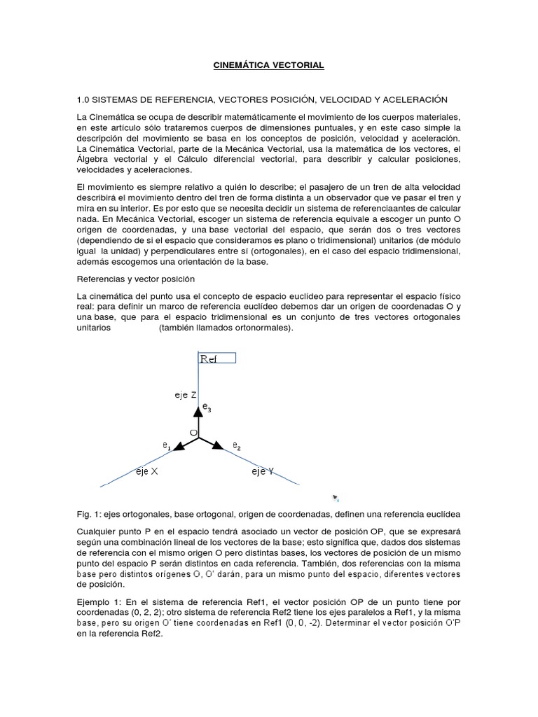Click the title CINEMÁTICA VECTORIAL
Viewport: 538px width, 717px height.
click(268, 65)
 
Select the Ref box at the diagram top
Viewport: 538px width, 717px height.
click(217, 358)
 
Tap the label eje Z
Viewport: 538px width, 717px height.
click(185, 395)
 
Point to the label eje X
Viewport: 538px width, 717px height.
click(147, 471)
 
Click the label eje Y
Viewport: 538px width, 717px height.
click(263, 472)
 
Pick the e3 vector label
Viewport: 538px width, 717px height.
click(207, 407)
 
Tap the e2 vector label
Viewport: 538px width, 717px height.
click(237, 446)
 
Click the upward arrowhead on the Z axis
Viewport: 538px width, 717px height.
click(200, 412)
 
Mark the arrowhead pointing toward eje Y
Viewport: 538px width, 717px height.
click(218, 445)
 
